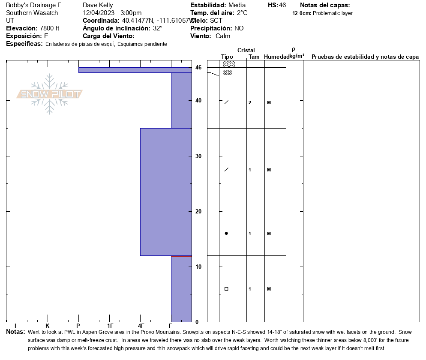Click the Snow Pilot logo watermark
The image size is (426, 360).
(49, 94)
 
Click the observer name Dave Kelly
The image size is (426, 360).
(98, 5)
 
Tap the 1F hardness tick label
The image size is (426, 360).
(110, 326)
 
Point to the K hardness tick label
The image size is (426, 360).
(48, 326)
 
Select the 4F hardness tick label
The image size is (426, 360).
(141, 326)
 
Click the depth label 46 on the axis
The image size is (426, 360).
(198, 67)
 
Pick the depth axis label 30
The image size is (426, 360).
(198, 156)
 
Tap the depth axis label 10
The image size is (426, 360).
(198, 267)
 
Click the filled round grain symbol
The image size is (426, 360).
(226, 234)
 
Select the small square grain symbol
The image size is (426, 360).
(226, 289)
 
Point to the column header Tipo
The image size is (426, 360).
(227, 57)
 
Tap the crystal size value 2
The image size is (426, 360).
(250, 102)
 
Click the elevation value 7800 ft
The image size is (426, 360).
(50, 28)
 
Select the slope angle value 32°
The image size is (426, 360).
(158, 28)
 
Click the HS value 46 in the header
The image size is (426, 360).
(282, 5)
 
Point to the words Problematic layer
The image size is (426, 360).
(333, 13)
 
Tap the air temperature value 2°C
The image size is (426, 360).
(242, 13)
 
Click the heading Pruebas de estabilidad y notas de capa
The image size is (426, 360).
(365, 57)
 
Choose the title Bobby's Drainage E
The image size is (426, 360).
(34, 5)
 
